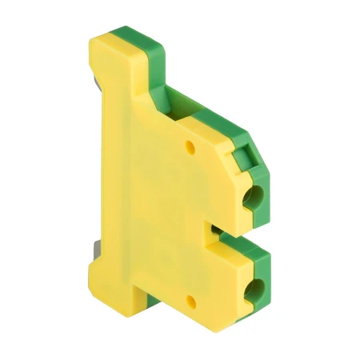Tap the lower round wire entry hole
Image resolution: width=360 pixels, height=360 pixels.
point(259,286)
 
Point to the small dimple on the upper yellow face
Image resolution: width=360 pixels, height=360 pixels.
point(190,147)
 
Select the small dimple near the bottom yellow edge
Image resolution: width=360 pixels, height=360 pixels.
point(190,302)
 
